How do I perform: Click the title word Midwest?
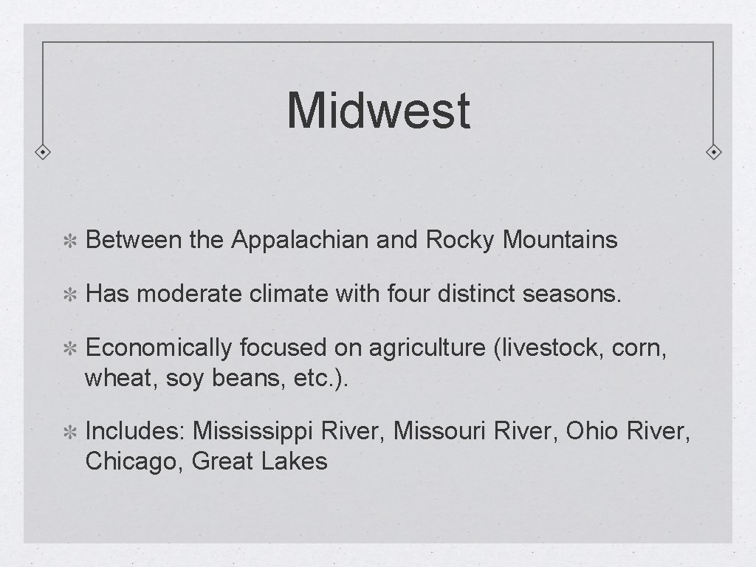[x=378, y=110]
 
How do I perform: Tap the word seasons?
[x=572, y=295]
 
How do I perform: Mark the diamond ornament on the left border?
[x=43, y=152]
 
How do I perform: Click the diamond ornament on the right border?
[x=714, y=152]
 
